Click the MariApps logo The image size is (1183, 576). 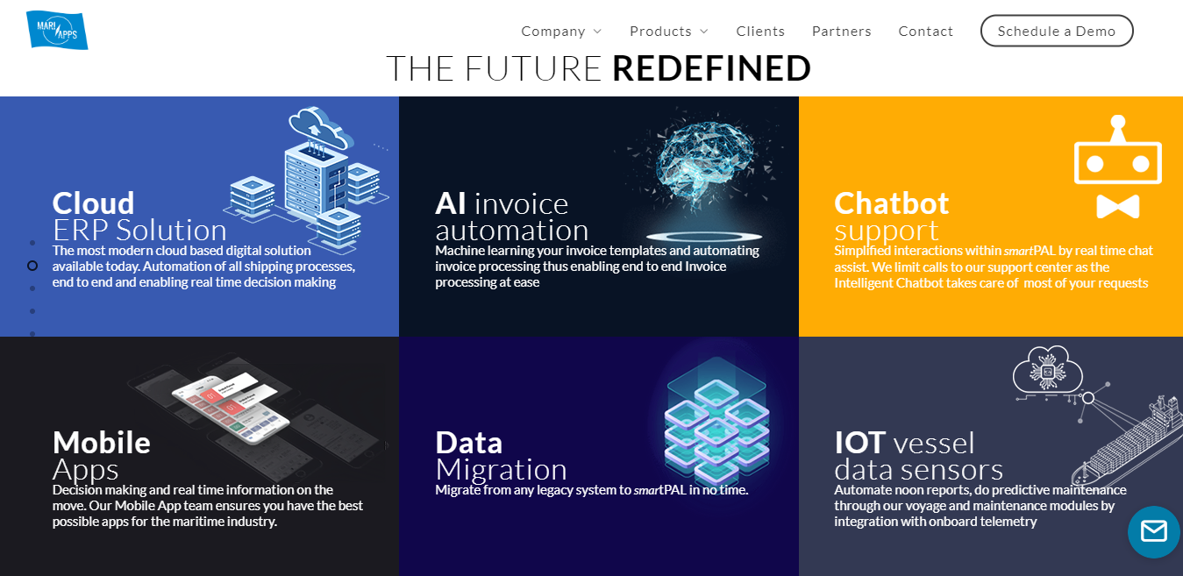pos(57,30)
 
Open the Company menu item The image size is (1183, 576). pos(561,32)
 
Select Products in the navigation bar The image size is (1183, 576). pos(668,32)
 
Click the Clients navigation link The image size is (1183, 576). pos(760,32)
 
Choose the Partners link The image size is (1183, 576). pos(841,32)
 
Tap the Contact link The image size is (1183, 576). pos(925,32)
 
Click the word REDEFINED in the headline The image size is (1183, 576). pos(711,68)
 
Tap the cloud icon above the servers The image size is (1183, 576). pos(320,127)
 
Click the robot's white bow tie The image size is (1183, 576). pos(1117,206)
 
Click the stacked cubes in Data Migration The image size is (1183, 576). pos(716,422)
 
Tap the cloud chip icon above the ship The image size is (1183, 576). pos(1048,372)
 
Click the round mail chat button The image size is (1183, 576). pos(1153,531)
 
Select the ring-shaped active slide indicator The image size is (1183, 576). pos(32,266)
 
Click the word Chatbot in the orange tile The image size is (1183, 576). pos(892,203)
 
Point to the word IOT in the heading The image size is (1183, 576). pos(859,443)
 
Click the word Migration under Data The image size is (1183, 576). pos(502,469)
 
